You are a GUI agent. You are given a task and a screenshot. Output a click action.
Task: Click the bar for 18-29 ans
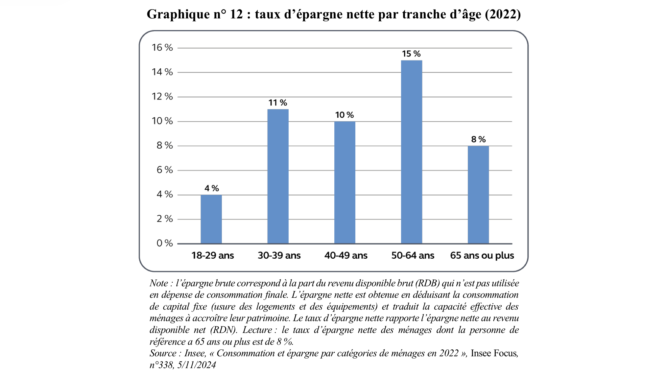[211, 219]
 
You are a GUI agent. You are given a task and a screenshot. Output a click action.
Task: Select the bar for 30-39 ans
[278, 176]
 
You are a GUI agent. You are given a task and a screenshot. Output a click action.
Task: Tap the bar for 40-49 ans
[345, 182]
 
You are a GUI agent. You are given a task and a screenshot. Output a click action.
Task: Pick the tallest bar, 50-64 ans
[411, 152]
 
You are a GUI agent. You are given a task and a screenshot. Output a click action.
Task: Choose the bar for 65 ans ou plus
[478, 195]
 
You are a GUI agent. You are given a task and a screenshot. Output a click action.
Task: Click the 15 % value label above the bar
[411, 54]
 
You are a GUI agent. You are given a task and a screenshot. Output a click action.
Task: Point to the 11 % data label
[278, 103]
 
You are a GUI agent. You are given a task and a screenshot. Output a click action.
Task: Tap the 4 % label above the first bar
[211, 188]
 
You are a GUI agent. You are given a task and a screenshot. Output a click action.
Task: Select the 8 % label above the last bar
[478, 139]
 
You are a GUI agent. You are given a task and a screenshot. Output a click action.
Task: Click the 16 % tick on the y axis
[162, 48]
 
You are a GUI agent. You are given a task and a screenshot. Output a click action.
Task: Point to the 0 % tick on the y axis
[164, 243]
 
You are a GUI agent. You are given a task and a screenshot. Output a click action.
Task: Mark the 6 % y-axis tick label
[164, 170]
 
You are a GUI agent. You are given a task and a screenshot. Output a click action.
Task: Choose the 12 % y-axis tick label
[162, 97]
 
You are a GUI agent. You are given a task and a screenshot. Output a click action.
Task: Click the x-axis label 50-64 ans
[413, 255]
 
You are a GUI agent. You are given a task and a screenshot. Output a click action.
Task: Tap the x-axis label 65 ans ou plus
[482, 255]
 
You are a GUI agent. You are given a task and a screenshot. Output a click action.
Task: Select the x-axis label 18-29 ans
[212, 255]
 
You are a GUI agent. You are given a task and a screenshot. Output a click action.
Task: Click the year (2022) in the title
[503, 14]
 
